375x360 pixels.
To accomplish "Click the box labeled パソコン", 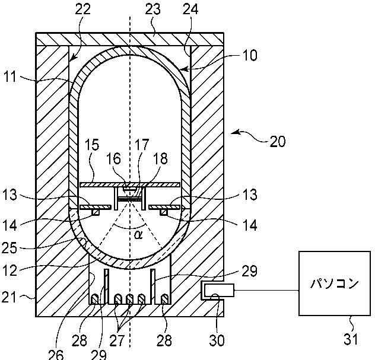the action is click(335, 283).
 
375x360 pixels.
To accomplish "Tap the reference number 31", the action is click(351, 339).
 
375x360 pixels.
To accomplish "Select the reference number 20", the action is click(278, 141).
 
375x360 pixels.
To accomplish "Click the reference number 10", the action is click(250, 55).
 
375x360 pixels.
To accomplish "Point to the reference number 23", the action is click(153, 9).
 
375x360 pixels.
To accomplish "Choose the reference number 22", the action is click(83, 9).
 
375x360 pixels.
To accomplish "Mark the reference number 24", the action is click(190, 9).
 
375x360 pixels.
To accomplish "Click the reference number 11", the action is click(10, 77).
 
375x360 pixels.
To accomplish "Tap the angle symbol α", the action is click(138, 235).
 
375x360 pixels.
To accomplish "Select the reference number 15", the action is click(91, 145).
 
